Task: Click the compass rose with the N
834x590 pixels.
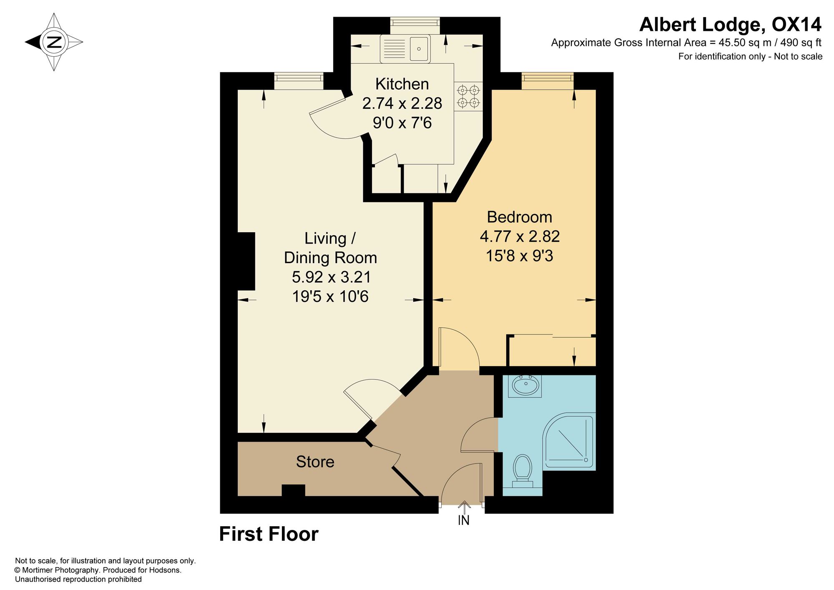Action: click(x=54, y=42)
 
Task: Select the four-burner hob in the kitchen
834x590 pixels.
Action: click(x=468, y=96)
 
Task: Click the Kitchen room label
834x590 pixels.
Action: click(x=402, y=84)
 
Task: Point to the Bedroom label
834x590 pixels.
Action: click(x=520, y=217)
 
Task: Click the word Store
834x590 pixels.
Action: click(x=315, y=462)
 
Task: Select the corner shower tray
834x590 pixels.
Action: click(x=569, y=441)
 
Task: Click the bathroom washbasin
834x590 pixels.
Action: click(x=525, y=386)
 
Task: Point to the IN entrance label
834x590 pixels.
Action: click(x=464, y=520)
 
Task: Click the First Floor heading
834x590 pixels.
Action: click(x=269, y=534)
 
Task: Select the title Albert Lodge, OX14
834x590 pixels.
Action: click(x=731, y=25)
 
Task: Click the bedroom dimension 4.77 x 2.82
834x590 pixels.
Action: click(x=520, y=236)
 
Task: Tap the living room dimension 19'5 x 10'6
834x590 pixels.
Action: click(x=330, y=296)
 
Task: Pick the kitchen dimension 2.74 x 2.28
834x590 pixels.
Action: click(x=402, y=103)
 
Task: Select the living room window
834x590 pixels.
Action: click(x=299, y=81)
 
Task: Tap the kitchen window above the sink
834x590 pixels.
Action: click(x=415, y=25)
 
